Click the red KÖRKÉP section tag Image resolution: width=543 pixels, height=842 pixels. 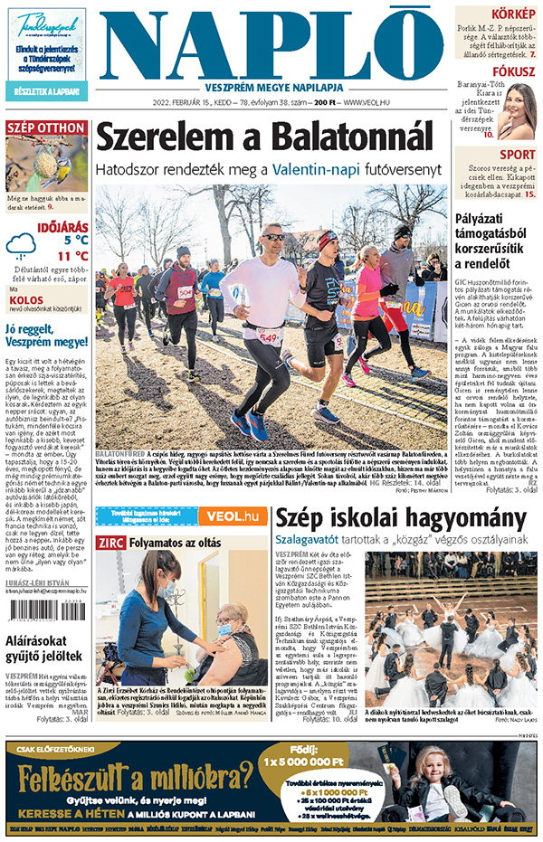click(513, 13)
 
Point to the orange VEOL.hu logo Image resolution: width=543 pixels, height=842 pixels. click(233, 516)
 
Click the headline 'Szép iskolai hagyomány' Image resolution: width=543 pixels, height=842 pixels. click(400, 519)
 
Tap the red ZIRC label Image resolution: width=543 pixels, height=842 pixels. click(112, 543)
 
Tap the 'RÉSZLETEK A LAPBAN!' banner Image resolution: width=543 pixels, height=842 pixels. click(46, 91)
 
